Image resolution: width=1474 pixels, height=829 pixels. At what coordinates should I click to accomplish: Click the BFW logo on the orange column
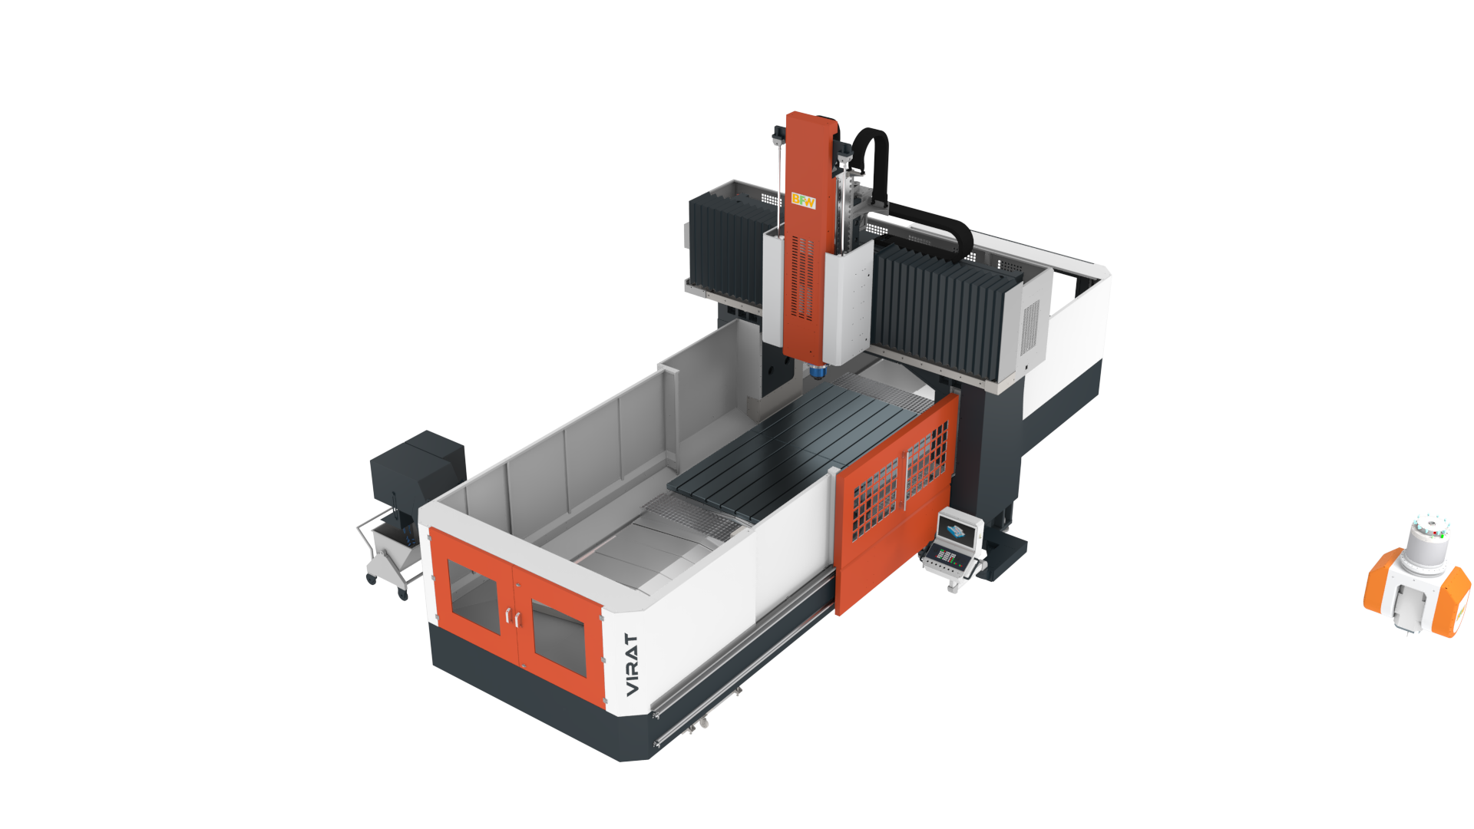[803, 201]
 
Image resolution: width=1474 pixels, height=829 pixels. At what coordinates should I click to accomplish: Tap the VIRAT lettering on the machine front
[632, 665]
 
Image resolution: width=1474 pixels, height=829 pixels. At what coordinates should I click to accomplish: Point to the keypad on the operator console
[946, 556]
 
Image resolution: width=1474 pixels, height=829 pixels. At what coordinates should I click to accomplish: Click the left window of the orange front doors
[473, 595]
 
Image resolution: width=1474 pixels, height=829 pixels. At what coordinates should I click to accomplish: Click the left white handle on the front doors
[507, 616]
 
